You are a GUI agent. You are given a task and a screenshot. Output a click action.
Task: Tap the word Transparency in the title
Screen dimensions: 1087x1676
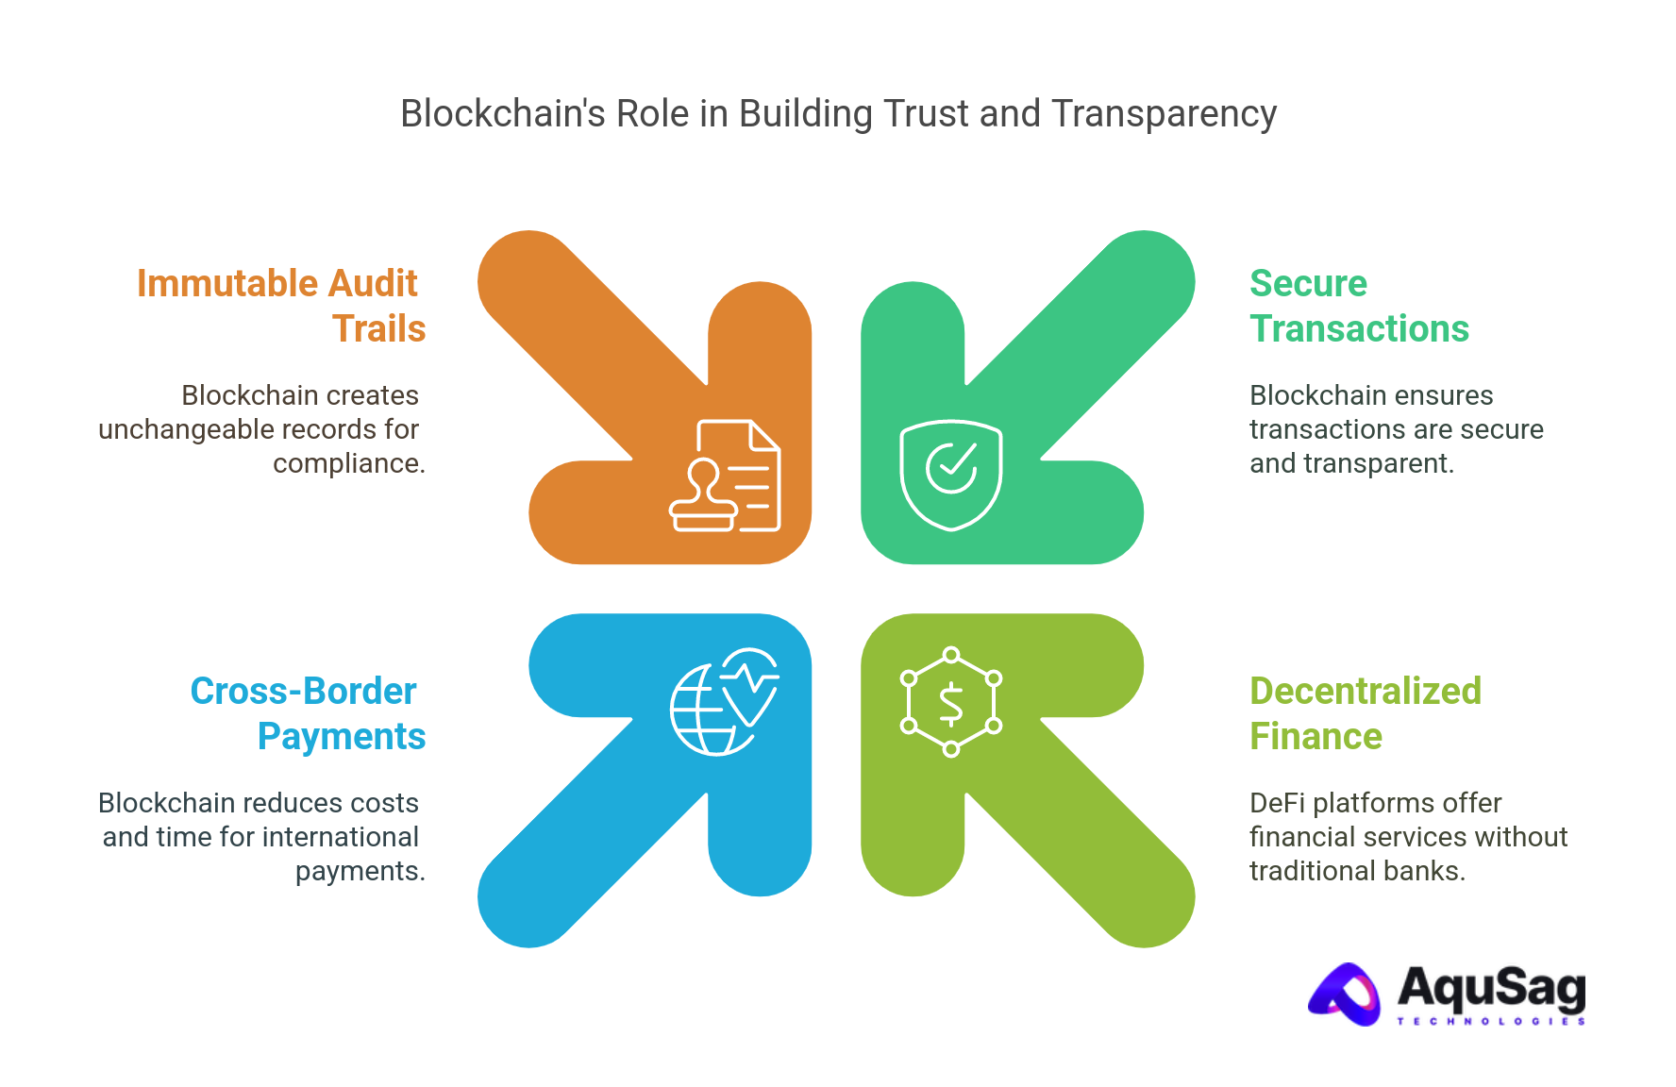[x=1163, y=114]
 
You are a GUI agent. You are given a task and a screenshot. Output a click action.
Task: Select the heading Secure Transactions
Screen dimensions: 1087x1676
[x=1358, y=305]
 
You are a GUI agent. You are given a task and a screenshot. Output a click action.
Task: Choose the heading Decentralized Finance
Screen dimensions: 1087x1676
[x=1365, y=712]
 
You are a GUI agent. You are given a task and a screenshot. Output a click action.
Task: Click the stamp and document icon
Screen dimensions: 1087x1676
[x=725, y=476]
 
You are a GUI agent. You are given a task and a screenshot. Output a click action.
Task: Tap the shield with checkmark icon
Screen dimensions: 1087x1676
[x=950, y=474]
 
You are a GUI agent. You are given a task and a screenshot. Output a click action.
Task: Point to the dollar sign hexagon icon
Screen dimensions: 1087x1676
[x=950, y=703]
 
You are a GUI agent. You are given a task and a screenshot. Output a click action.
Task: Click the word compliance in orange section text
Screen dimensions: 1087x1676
[x=347, y=464]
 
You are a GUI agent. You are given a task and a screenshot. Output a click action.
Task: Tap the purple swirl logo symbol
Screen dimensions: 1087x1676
[x=1345, y=994]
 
